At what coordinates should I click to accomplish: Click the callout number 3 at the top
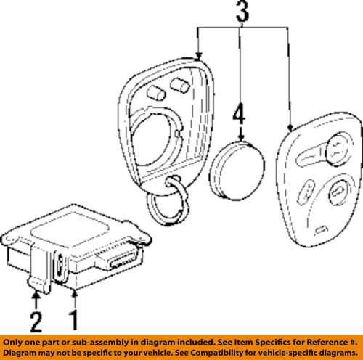point(242,11)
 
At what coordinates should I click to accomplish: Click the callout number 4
point(239,115)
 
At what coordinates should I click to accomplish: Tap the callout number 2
point(36,322)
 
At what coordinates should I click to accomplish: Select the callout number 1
point(74,320)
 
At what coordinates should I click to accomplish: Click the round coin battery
point(237,171)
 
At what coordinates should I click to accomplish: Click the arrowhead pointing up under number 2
point(36,295)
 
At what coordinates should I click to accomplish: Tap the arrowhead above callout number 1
point(75,294)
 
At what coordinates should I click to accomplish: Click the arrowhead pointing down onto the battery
point(241,137)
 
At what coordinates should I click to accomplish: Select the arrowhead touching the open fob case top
point(198,57)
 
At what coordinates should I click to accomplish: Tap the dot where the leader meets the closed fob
point(290,128)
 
